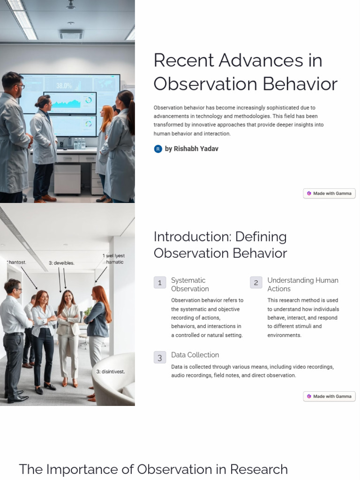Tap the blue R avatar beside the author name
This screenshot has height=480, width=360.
pos(158,149)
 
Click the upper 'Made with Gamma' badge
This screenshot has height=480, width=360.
pos(329,193)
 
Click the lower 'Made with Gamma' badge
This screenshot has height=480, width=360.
pos(329,396)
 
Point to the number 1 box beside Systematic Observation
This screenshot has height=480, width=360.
pos(160,283)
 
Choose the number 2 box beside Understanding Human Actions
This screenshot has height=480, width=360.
pos(256,283)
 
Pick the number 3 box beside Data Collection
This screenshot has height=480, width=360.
pos(160,358)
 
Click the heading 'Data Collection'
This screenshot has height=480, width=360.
pos(195,355)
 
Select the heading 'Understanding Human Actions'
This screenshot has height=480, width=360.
pos(302,285)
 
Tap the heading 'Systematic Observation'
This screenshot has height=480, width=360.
pos(190,285)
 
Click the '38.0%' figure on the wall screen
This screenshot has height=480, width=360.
pos(64,86)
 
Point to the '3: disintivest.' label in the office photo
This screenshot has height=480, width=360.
pos(111,372)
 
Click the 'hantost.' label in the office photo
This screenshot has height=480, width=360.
pos(17,262)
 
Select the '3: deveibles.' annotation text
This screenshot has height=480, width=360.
pos(61,263)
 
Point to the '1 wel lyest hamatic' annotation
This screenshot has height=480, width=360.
pos(114,259)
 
